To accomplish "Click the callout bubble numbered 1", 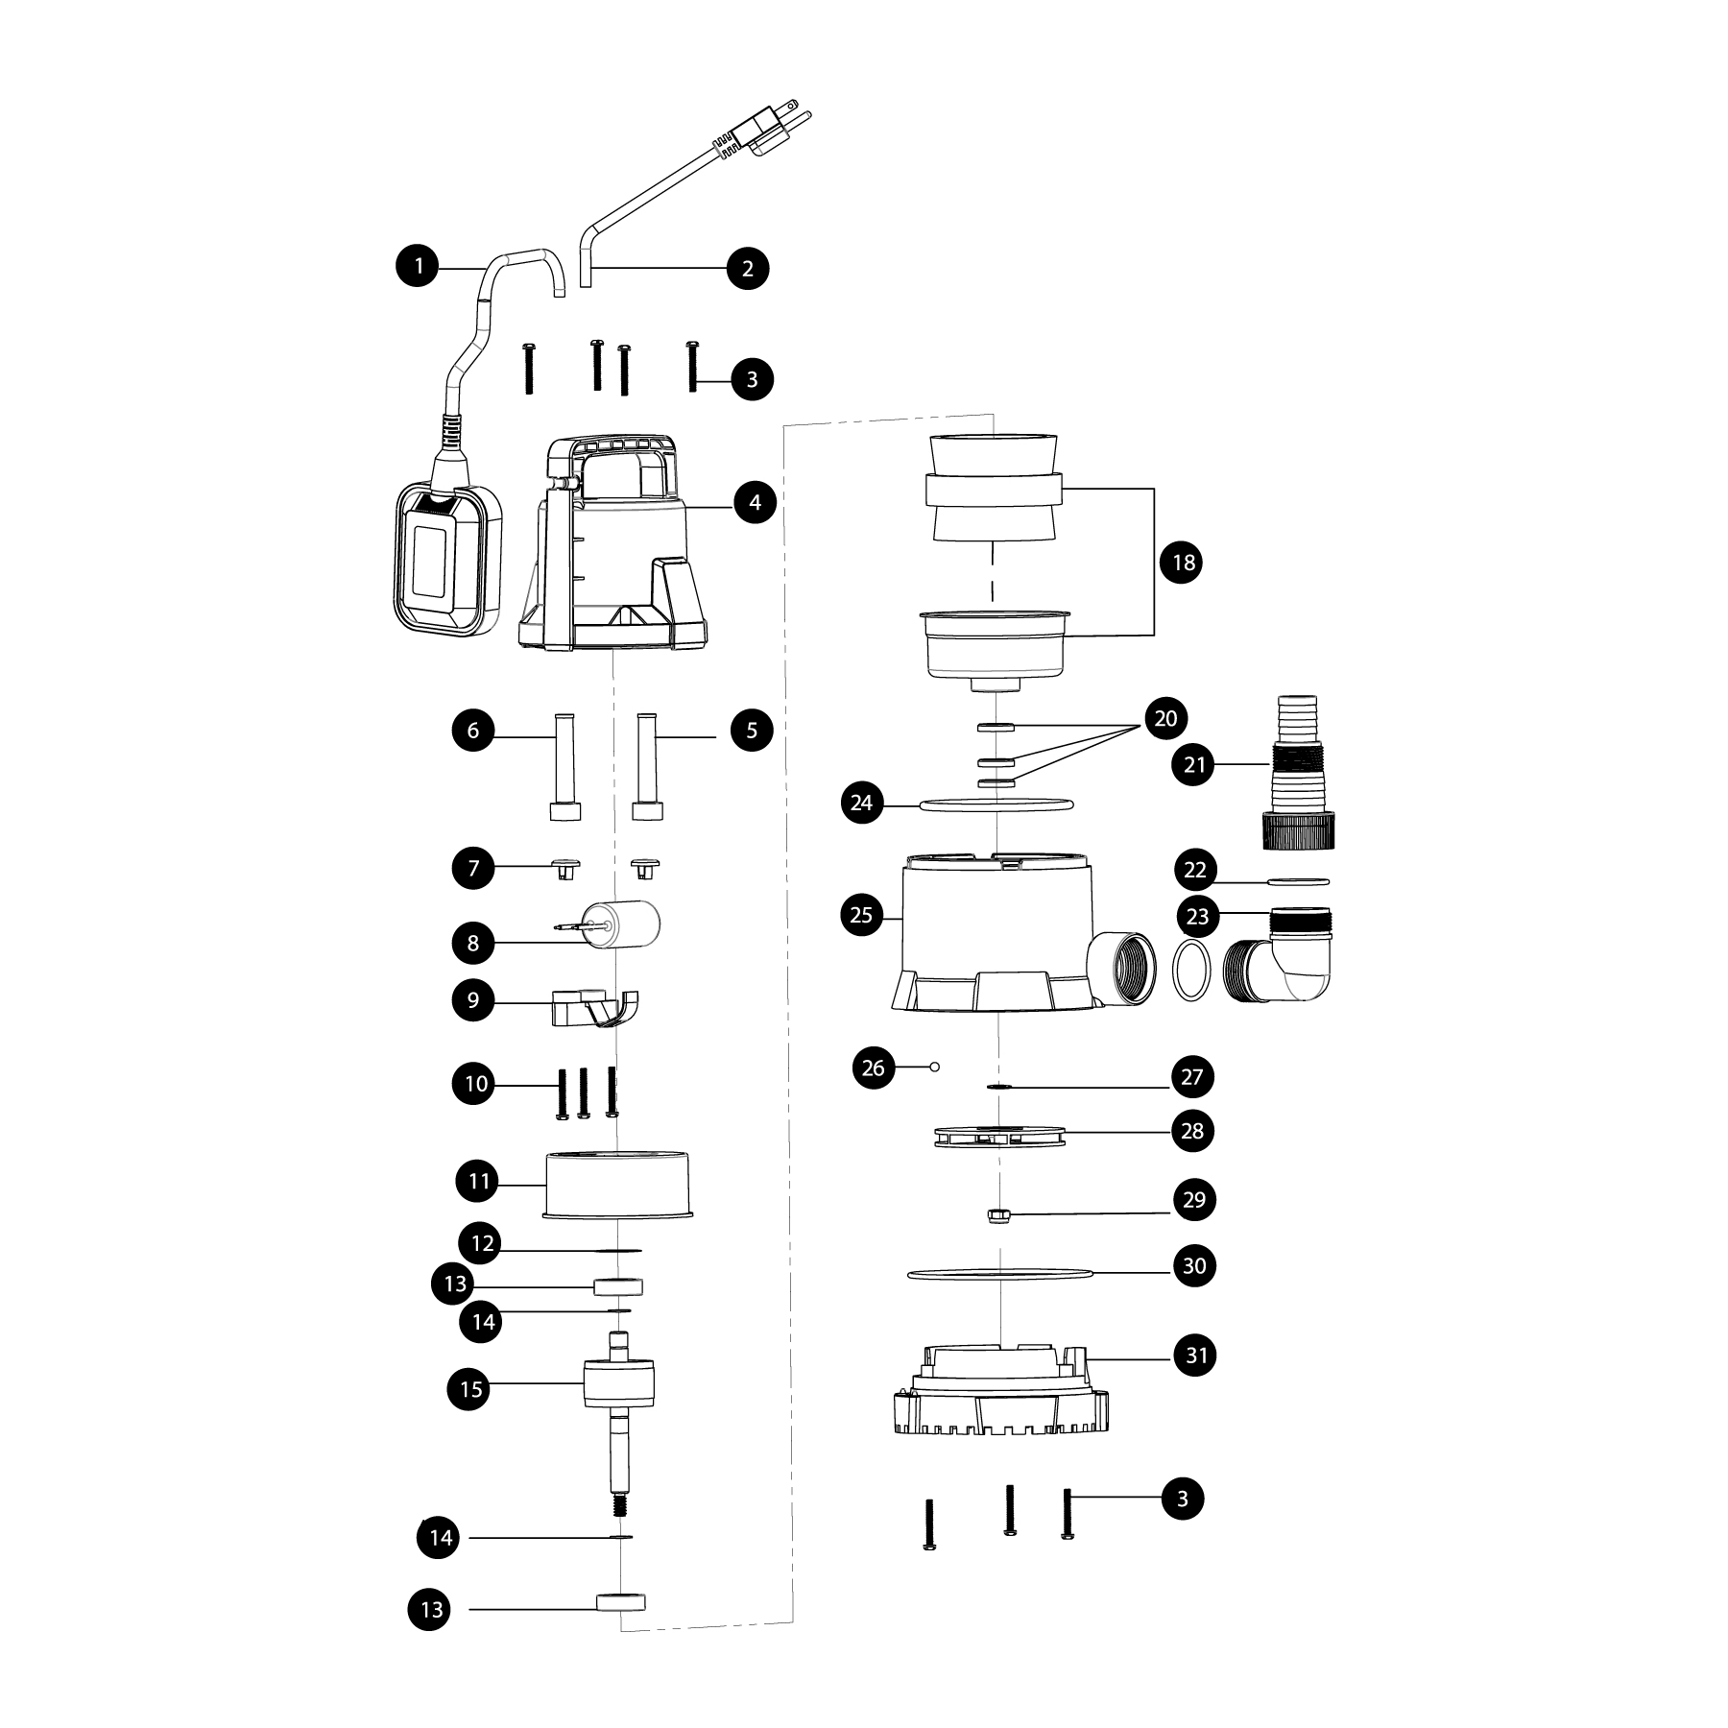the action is [419, 266].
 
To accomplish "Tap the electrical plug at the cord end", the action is [764, 130].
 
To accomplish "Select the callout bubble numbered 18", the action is [1183, 562].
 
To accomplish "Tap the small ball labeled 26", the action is [935, 1066].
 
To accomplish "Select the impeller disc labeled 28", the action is [999, 1136].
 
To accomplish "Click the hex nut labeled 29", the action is [998, 1216].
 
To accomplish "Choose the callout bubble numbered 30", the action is [1193, 1265].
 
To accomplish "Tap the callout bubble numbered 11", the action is [479, 1181].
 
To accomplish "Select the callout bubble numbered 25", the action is [861, 915].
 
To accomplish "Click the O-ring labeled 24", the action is [996, 804].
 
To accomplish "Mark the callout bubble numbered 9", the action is [473, 1000].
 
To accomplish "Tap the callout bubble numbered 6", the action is [473, 731].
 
